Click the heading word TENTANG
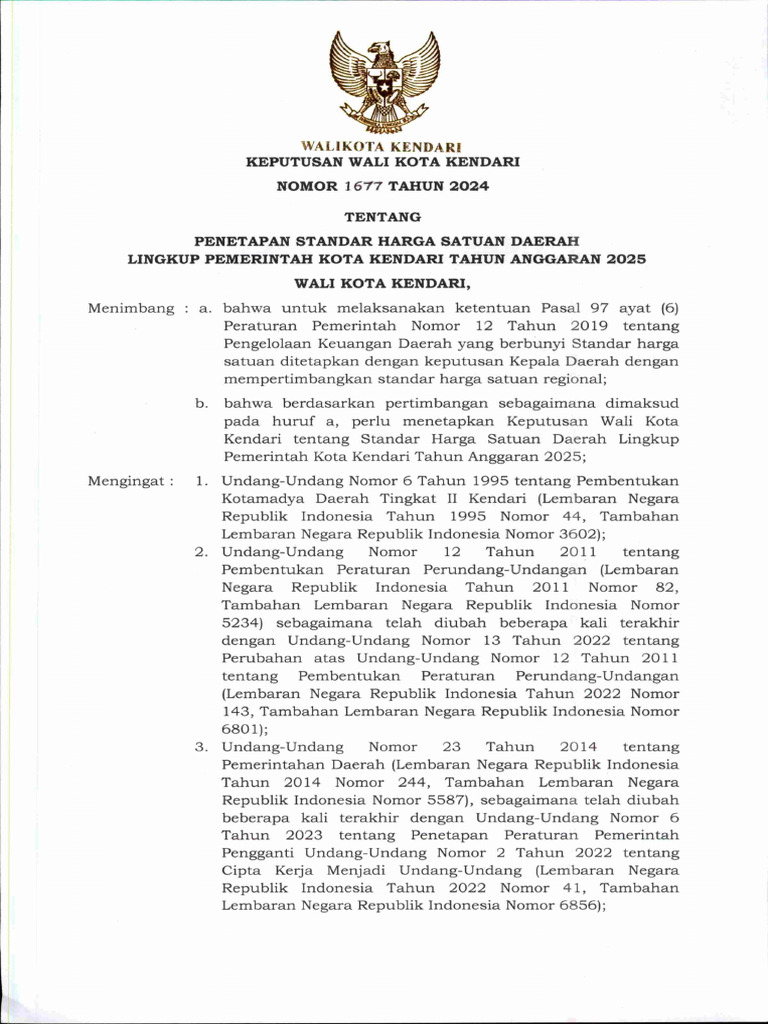(x=383, y=216)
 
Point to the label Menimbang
(x=130, y=309)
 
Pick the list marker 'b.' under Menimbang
(x=201, y=403)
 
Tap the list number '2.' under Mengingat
(x=201, y=552)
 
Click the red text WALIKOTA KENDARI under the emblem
(x=384, y=147)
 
